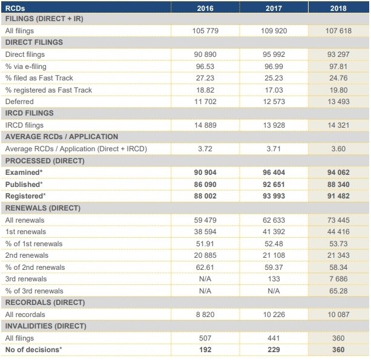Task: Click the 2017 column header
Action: click(274, 8)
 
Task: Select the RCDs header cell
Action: click(15, 8)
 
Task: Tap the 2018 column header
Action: click(338, 8)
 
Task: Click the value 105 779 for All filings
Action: click(205, 31)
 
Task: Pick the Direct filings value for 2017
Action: click(274, 54)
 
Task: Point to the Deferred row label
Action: click(19, 102)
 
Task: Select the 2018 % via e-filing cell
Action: click(338, 67)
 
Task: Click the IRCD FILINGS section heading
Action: click(29, 113)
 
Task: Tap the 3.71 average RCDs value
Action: click(274, 149)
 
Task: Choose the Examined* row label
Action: click(24, 172)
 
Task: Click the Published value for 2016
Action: click(205, 185)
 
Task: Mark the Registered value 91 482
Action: click(338, 196)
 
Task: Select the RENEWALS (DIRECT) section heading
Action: click(43, 208)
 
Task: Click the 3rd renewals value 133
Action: click(274, 279)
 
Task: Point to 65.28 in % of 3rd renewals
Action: click(338, 291)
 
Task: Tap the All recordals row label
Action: click(25, 315)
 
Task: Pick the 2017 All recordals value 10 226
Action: click(274, 315)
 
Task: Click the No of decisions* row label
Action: click(34, 350)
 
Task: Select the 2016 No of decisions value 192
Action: click(205, 350)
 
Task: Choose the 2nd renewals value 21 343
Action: click(338, 255)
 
